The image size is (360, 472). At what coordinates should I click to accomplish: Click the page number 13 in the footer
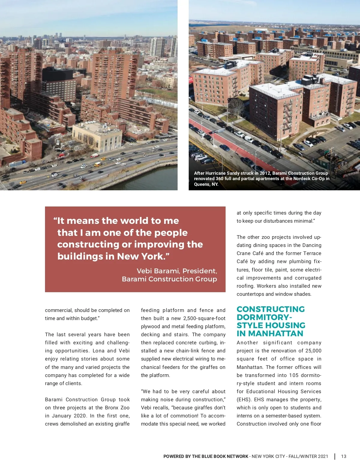click(343, 456)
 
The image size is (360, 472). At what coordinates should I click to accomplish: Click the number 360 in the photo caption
click(220, 179)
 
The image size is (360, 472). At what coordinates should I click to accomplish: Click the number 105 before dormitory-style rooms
click(294, 375)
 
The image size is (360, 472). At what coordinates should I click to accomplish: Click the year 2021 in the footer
click(323, 456)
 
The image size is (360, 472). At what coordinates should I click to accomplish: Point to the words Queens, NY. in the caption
click(206, 184)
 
